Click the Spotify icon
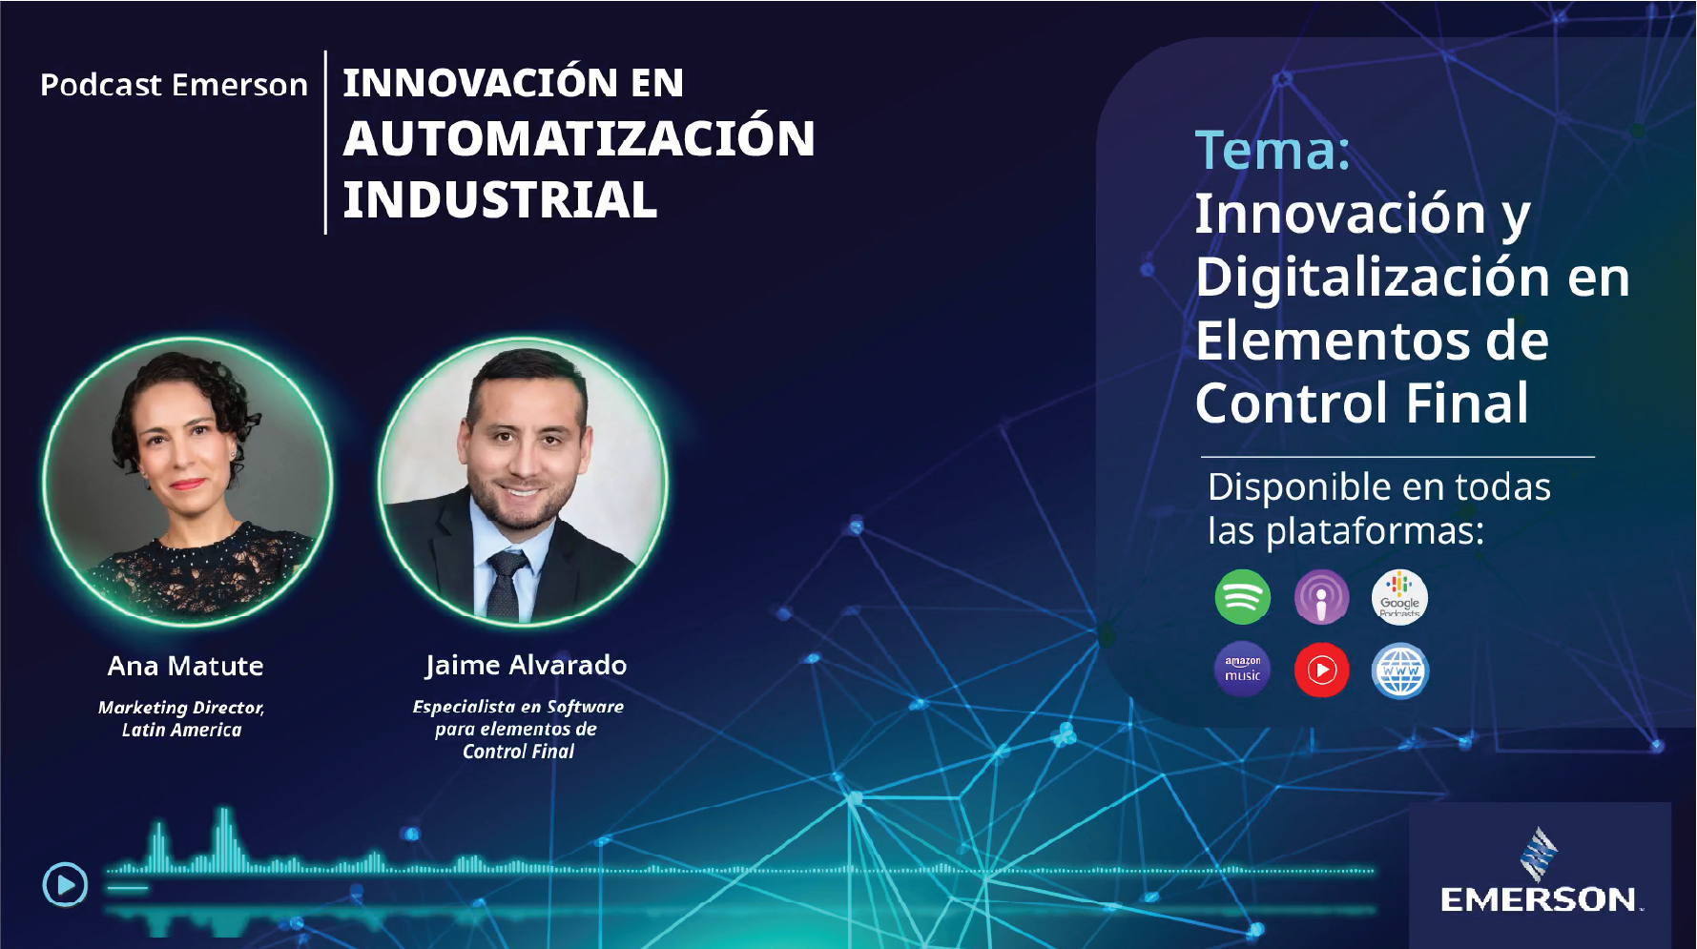coord(1242,597)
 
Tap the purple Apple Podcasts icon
coord(1321,597)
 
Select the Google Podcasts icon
coord(1399,597)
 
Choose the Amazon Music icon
coord(1242,670)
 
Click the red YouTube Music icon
coord(1321,670)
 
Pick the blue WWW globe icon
coord(1399,670)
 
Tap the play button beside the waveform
coord(65,884)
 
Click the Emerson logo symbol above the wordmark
coord(1538,854)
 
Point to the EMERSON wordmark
coord(1539,899)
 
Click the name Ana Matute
coord(185,666)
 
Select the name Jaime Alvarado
coord(526,665)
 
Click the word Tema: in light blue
coord(1273,151)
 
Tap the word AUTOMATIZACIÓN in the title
coord(579,139)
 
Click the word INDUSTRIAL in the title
coord(500,200)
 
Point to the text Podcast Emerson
coord(174,85)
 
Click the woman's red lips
coord(188,484)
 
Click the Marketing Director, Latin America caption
coord(181,718)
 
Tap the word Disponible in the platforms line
coord(1298,487)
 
